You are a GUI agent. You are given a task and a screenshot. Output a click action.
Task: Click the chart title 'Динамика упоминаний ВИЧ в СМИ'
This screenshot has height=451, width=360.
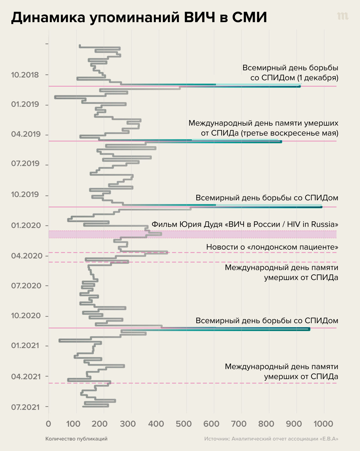tap(139, 18)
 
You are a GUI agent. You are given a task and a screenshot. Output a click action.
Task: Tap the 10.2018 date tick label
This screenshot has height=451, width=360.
tap(25, 75)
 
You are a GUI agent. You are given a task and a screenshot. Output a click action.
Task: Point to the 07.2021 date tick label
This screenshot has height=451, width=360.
tap(25, 407)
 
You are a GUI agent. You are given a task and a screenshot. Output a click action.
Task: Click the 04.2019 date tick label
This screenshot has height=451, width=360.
tap(26, 134)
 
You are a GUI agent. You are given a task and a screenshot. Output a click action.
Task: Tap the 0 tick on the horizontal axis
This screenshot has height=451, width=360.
tap(49, 424)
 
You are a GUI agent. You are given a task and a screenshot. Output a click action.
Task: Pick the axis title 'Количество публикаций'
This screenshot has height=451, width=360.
tap(76, 439)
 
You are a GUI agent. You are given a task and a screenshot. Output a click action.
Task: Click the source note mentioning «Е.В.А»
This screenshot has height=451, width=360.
tap(271, 439)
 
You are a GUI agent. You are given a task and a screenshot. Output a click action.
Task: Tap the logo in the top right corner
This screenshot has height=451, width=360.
tap(343, 17)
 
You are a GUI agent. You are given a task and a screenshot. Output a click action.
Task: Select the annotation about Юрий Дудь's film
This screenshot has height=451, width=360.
tap(245, 224)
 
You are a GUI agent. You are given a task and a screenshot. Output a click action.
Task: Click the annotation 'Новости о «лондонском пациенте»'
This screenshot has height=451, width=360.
tap(272, 247)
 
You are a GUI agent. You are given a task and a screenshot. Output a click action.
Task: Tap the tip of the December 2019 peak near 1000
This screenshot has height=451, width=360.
tap(321, 207)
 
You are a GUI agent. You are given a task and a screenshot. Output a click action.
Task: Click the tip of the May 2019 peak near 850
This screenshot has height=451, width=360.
tap(281, 142)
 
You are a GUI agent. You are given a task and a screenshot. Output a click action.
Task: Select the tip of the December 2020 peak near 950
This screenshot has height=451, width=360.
tap(309, 329)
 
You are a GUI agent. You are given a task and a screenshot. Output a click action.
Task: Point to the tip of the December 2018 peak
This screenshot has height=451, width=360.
tap(300, 86)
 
